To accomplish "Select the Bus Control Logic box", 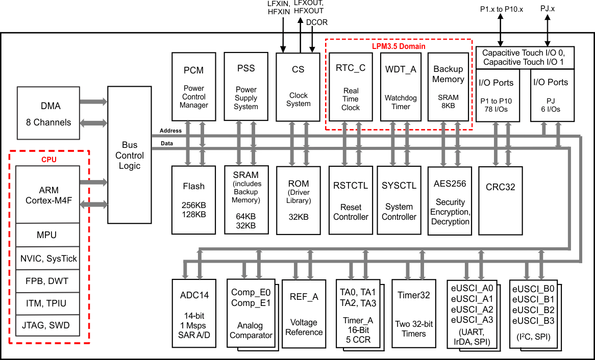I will (129, 155).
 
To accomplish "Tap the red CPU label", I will (49, 160).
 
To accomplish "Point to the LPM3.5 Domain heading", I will (398, 46).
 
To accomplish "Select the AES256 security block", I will (450, 200).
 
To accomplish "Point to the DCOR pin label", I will (317, 22).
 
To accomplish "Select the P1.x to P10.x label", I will (502, 9).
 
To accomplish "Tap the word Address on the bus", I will (167, 131).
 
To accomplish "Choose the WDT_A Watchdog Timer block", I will (401, 87).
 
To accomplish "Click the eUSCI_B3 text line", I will (533, 321).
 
